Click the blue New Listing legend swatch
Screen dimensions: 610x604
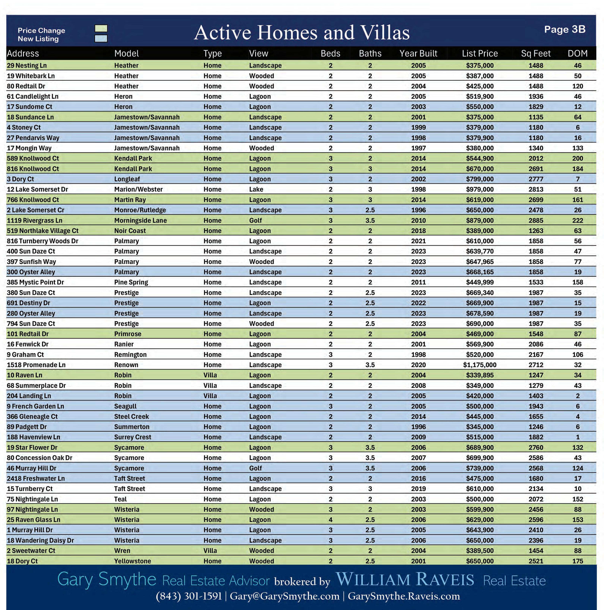101,38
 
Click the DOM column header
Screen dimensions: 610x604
578,53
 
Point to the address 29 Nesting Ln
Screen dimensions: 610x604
27,65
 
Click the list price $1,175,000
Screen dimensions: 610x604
480,365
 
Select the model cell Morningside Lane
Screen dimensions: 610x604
140,220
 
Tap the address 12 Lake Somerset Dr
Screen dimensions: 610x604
37,190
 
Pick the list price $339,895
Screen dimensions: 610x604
480,375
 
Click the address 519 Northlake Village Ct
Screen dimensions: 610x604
43,231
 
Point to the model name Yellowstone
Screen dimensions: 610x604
133,561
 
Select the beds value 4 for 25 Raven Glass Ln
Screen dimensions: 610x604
330,520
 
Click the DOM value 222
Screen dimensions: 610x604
578,220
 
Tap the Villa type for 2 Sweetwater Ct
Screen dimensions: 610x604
210,551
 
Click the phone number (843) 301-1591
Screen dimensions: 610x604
189,596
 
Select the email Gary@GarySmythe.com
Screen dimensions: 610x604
284,596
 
